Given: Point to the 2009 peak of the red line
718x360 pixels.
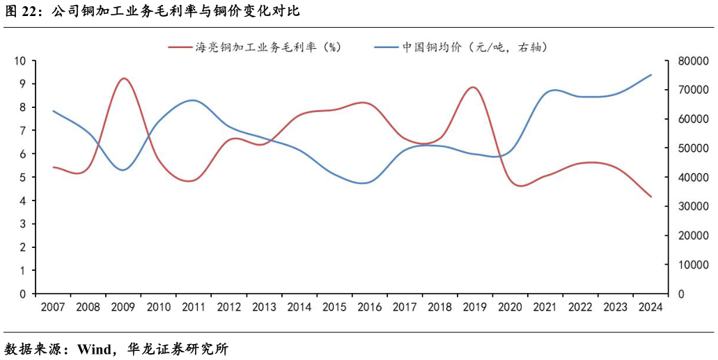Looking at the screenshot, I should point(124,78).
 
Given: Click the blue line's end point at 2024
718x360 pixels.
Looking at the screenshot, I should point(651,75).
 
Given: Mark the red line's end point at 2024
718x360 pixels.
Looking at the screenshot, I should point(651,196).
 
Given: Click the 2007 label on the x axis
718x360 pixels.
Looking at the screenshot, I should point(54,307).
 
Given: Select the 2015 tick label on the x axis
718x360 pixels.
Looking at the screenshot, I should point(335,307).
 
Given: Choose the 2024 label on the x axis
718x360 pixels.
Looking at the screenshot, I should point(651,307).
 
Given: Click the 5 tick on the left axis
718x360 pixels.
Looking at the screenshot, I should point(23,178).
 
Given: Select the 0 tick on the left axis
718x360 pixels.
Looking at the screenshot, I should point(23,294).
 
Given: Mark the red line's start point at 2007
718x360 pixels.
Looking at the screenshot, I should point(54,167).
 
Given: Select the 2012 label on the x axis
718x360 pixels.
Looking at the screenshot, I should point(230,307).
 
